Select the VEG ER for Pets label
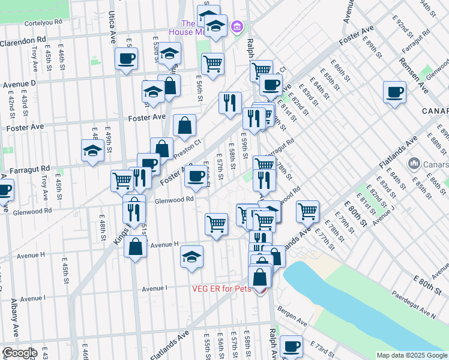(221, 289)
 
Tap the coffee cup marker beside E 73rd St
(292, 346)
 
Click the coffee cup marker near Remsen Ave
(394, 92)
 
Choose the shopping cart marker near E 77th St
(307, 211)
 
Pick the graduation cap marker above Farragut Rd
(93, 151)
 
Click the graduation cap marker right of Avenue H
(192, 256)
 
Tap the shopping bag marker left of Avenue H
(136, 246)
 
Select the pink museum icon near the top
(237, 27)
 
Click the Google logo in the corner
(19, 353)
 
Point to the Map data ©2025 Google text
(412, 355)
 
